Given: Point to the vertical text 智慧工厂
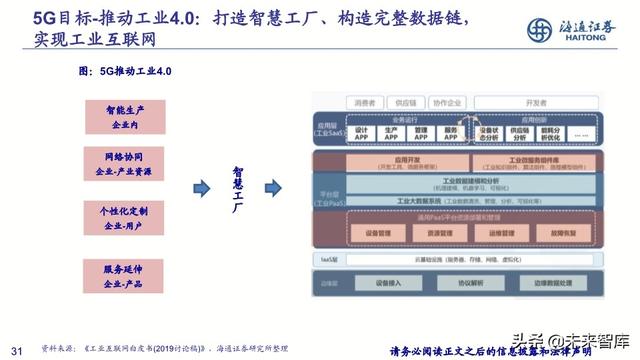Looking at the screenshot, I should point(238,187).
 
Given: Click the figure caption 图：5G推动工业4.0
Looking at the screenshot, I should point(126,71).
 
